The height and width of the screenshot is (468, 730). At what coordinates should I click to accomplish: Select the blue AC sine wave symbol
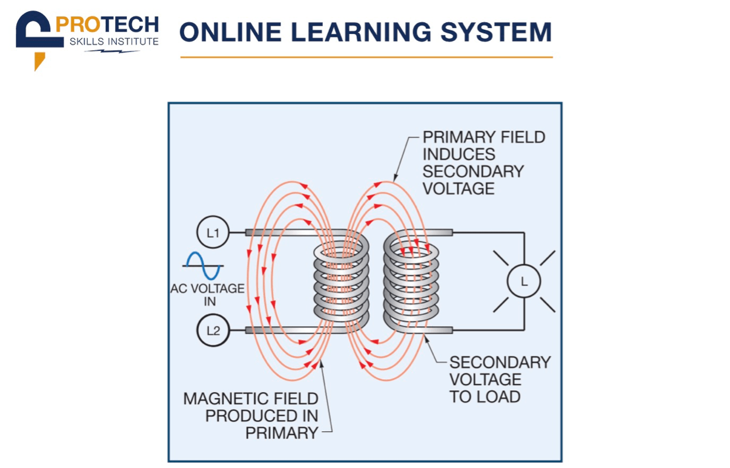click(x=203, y=266)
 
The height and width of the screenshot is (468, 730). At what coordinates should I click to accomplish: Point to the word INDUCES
click(x=459, y=154)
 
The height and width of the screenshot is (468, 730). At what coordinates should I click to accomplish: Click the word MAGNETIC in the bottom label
click(x=222, y=398)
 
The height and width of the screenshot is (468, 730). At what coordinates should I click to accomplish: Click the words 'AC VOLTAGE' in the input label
click(x=207, y=289)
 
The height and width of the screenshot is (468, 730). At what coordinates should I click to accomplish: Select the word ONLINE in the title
click(x=230, y=32)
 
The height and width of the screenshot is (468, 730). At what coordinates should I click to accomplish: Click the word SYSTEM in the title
click(x=495, y=32)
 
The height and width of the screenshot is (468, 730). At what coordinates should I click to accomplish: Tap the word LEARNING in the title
click(x=361, y=32)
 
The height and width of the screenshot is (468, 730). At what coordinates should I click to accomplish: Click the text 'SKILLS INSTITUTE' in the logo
click(x=114, y=41)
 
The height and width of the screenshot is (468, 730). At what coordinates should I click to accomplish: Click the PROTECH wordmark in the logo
click(x=107, y=25)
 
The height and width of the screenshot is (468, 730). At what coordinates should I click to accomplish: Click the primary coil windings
click(x=341, y=282)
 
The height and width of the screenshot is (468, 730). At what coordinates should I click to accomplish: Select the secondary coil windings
click(x=411, y=282)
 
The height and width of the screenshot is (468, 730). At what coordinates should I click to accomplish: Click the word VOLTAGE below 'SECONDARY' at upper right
click(x=459, y=189)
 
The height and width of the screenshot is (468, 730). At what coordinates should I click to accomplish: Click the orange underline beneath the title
click(x=367, y=57)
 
